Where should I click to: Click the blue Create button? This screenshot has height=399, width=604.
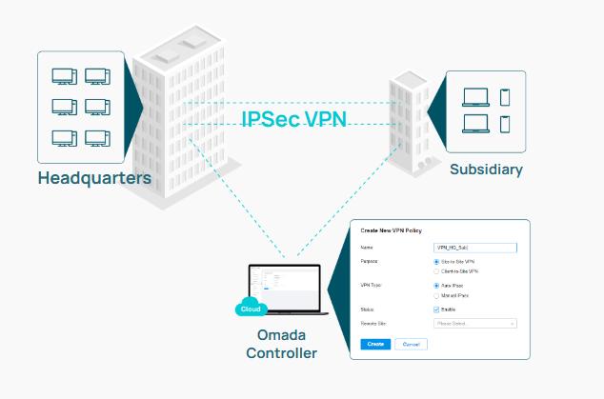coord(376,343)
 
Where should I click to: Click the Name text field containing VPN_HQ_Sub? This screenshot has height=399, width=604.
coord(473,247)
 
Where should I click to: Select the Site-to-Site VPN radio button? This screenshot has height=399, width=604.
coord(436,259)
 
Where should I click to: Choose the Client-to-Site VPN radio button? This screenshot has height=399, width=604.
coord(436,271)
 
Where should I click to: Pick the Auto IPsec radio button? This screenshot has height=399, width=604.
coord(436,285)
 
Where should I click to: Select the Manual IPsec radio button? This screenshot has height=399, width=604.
coord(436,295)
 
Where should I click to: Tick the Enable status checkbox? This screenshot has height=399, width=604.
coord(436,309)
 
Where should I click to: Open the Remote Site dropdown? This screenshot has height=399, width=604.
coord(473,324)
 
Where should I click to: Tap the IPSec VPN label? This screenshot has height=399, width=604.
coord(292,119)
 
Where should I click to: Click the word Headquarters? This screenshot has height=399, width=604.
coord(94,178)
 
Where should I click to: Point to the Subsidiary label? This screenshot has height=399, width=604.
coord(486,170)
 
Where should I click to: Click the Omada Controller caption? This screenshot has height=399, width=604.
coord(281,345)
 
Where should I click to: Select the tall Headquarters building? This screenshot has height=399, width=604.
coord(181,124)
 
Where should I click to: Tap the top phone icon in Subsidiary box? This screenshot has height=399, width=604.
coord(505,96)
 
